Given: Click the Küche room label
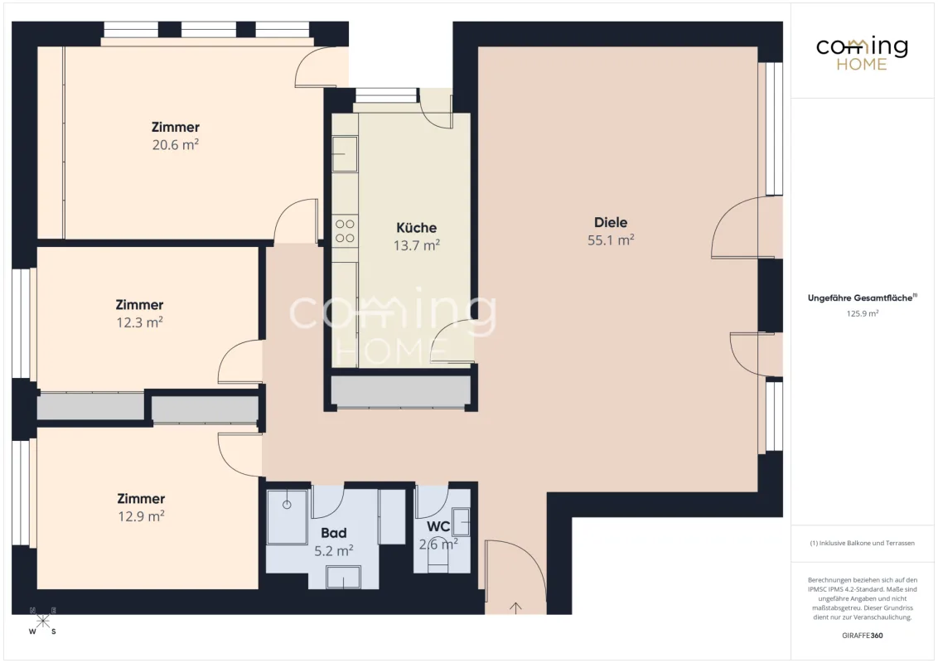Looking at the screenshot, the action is pyautogui.click(x=416, y=228).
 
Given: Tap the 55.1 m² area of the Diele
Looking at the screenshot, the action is pyautogui.click(x=611, y=240).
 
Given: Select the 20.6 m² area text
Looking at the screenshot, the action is pyautogui.click(x=176, y=145).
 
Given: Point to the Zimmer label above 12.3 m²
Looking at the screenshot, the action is pyautogui.click(x=139, y=305).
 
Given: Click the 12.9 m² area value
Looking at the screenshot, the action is pyautogui.click(x=141, y=516).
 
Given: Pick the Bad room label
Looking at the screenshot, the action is pyautogui.click(x=334, y=533).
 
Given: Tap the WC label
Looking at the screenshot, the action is pyautogui.click(x=438, y=527).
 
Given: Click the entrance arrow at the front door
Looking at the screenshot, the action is pyautogui.click(x=515, y=608).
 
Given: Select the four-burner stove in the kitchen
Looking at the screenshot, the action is pyautogui.click(x=345, y=231).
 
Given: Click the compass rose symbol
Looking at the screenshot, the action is pyautogui.click(x=42, y=621).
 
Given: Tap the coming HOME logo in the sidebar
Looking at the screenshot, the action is pyautogui.click(x=862, y=54).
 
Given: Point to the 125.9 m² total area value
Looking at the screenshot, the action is pyautogui.click(x=862, y=313).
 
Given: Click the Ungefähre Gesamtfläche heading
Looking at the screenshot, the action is pyautogui.click(x=862, y=298).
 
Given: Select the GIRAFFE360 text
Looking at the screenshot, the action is pyautogui.click(x=862, y=636).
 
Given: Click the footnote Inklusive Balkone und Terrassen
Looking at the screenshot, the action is pyautogui.click(x=862, y=544).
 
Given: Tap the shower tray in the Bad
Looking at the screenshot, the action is pyautogui.click(x=288, y=517).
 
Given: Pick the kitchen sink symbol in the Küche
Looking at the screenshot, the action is pyautogui.click(x=345, y=154).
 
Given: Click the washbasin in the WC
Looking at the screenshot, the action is pyautogui.click(x=461, y=521).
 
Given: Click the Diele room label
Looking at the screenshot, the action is pyautogui.click(x=611, y=223).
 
